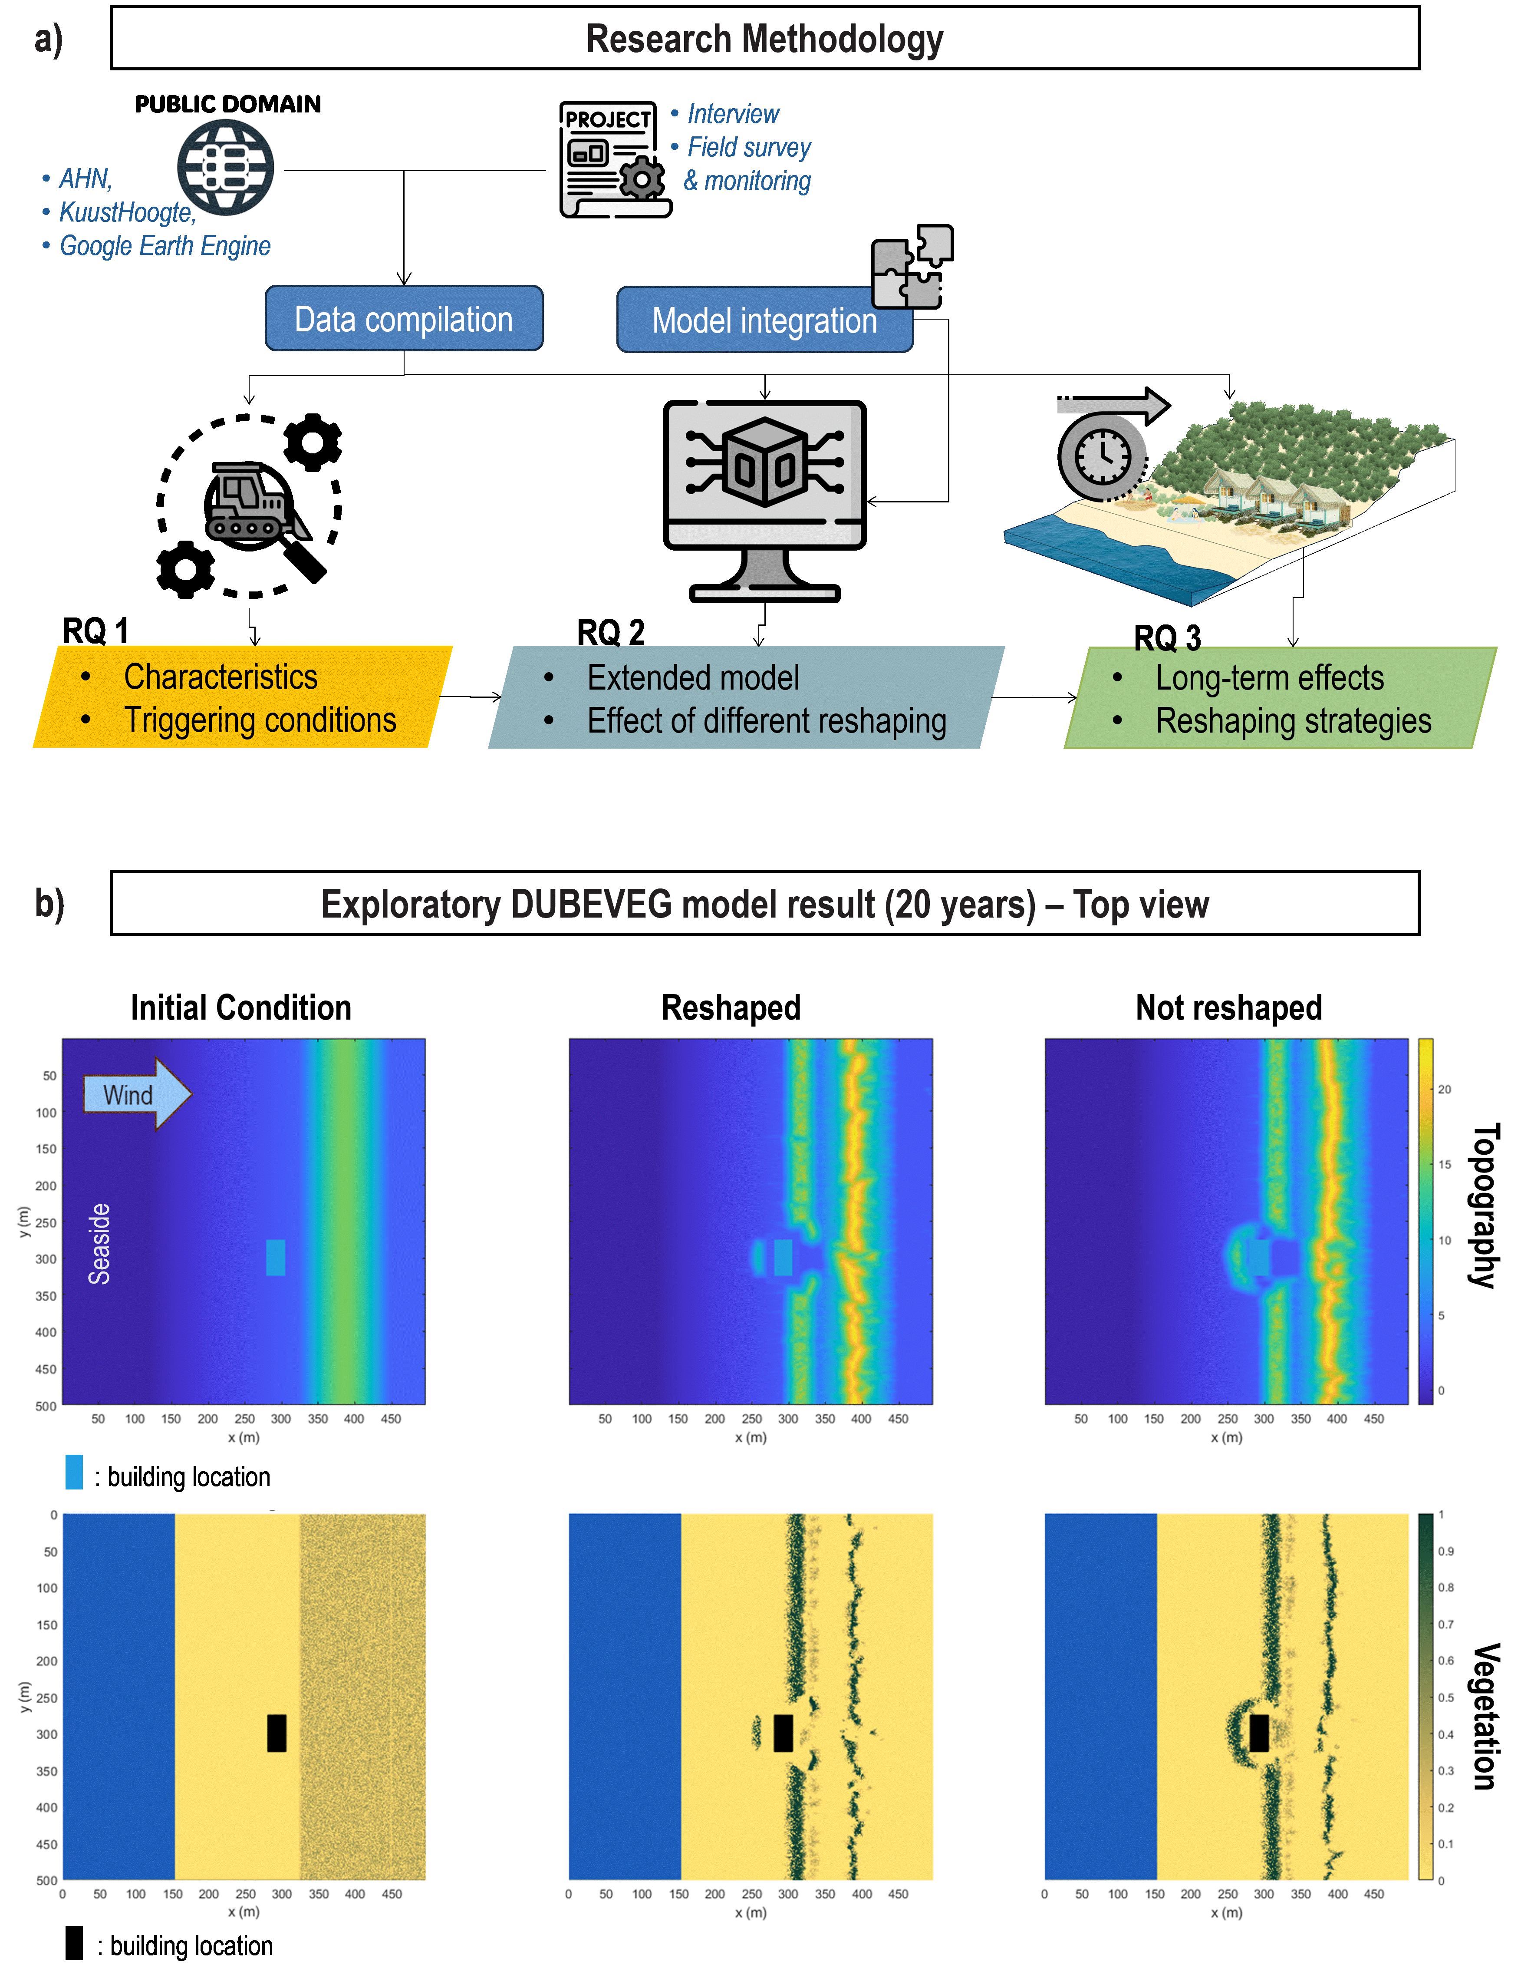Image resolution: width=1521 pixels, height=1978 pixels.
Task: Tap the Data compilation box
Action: coord(404,319)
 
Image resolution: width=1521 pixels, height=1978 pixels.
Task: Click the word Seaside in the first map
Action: coord(99,1244)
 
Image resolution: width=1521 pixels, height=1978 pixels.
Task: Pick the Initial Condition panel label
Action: coord(241,1007)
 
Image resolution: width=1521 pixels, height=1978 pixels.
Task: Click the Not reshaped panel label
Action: coord(1228,1007)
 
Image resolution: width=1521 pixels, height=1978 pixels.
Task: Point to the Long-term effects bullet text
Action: coord(1269,677)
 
